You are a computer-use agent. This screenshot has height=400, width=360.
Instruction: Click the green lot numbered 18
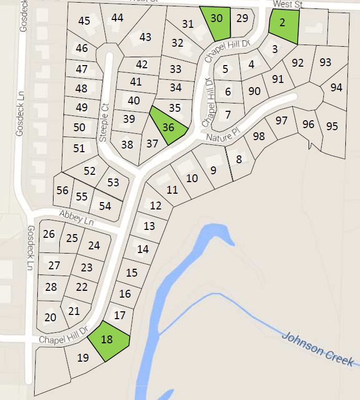[108, 340]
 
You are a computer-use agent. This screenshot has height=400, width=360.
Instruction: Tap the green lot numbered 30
[216, 22]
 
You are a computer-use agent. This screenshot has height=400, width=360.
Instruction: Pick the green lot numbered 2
[283, 25]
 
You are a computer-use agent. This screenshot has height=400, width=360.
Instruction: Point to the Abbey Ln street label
[76, 218]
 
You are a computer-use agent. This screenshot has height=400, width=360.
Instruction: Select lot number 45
[84, 21]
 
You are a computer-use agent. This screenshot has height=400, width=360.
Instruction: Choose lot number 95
[332, 126]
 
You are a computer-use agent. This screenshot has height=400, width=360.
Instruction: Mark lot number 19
[83, 359]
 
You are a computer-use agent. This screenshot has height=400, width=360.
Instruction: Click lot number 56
[62, 190]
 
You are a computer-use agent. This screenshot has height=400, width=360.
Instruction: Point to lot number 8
[239, 159]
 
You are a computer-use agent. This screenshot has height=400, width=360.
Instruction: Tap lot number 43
[145, 37]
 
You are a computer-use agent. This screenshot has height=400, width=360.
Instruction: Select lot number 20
[50, 317]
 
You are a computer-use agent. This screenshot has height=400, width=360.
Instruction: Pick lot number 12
[155, 205]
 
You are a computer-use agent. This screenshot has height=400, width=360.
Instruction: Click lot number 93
[325, 62]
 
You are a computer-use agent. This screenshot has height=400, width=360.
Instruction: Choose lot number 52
[90, 171]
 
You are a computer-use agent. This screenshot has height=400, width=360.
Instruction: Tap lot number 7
[227, 114]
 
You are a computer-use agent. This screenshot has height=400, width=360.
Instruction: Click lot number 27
[54, 266]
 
